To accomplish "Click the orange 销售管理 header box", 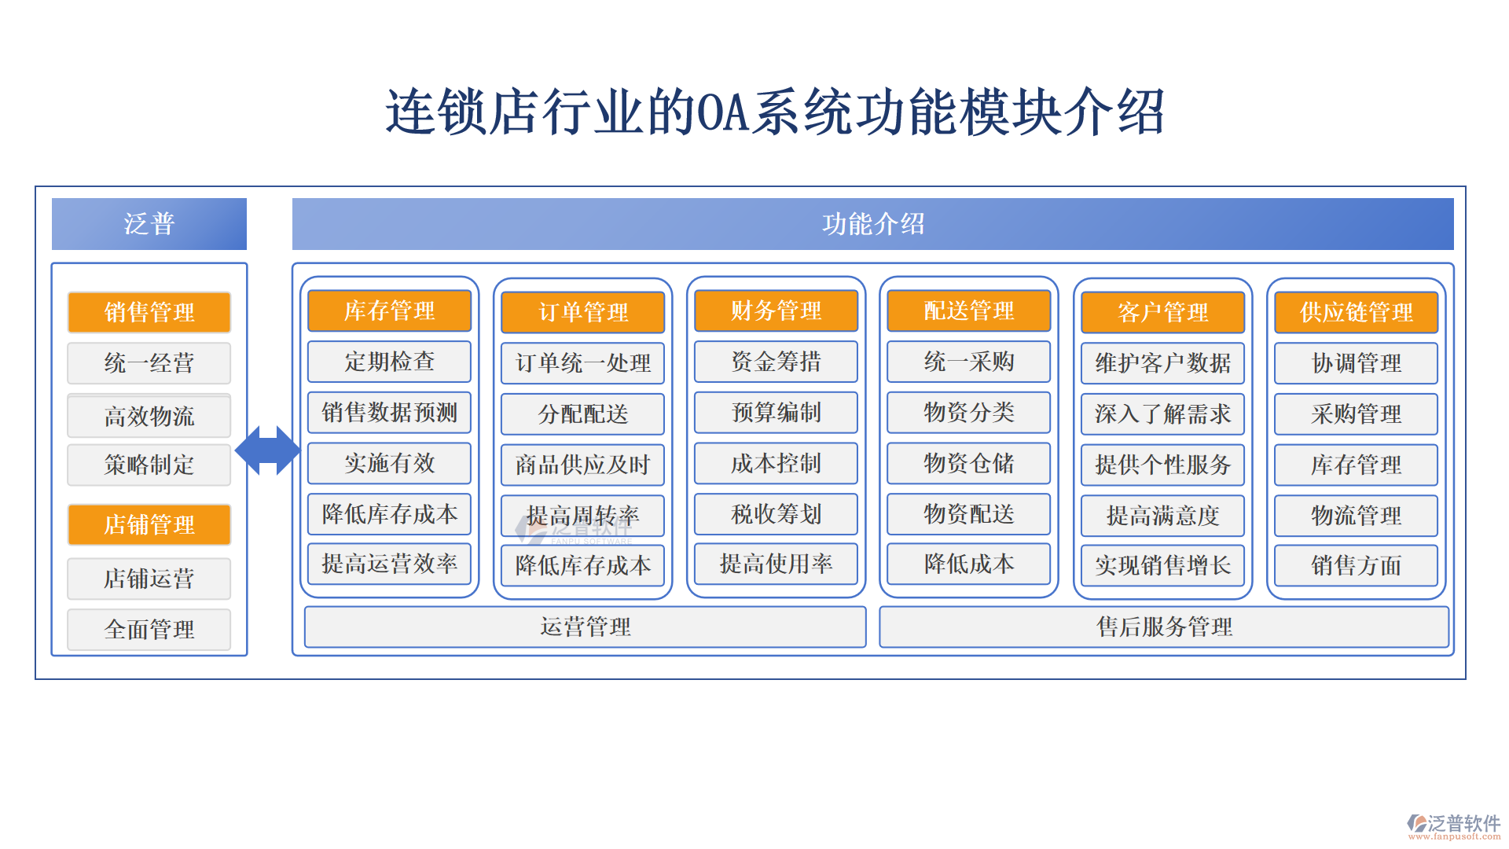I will tap(149, 312).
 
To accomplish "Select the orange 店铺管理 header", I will tap(149, 524).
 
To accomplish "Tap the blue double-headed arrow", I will tap(267, 450).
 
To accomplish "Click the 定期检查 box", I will tap(389, 362).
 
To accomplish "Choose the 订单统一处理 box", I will tap(582, 363).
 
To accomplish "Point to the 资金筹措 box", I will tap(776, 362).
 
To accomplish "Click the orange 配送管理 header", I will tap(968, 311).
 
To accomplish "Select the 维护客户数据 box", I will tap(1162, 363).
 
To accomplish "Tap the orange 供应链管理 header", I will tap(1356, 312).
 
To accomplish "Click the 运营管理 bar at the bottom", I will tap(585, 627).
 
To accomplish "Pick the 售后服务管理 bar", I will tap(1163, 627).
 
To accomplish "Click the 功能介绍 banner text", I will tap(872, 224).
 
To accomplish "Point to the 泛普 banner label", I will tap(149, 224).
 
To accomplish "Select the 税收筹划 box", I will tap(776, 514).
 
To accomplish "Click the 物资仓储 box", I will tap(968, 463).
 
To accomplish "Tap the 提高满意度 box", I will tap(1162, 516).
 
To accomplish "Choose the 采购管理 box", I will tap(1356, 414).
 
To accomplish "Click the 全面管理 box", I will tap(149, 629).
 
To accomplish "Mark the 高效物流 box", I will tap(149, 416).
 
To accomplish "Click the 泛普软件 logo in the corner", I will tap(1454, 825).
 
